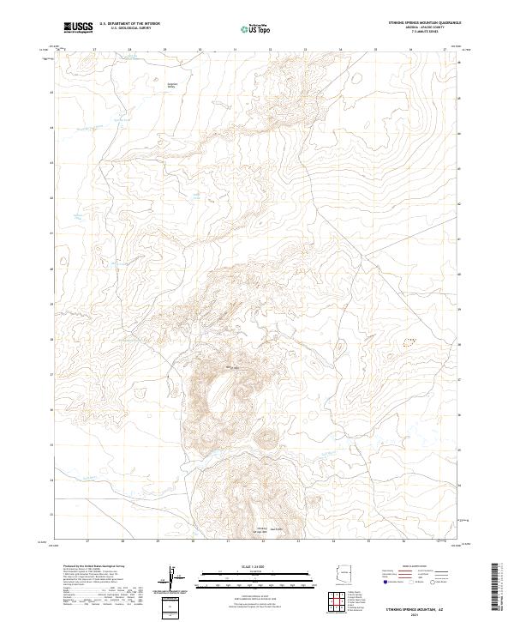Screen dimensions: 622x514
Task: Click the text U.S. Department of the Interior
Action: [x=130, y=25]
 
